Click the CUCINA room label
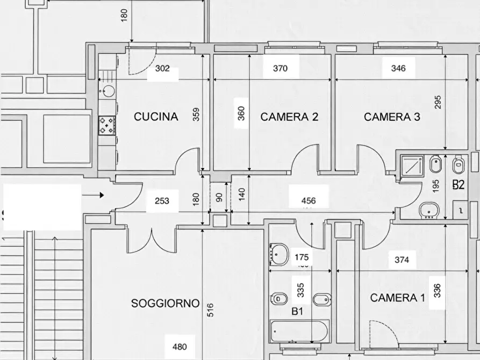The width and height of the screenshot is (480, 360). coord(155,117)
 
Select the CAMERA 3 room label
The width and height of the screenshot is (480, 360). coord(392,117)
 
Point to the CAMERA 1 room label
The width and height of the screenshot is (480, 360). coord(398,298)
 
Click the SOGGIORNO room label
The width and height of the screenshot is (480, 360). coord(165,304)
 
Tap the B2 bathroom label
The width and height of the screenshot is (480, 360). coord(458,185)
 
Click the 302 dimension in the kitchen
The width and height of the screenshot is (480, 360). coord(162,68)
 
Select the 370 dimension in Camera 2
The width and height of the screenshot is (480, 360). coord(281,68)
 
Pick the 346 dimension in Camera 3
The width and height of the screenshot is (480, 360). coord(398,68)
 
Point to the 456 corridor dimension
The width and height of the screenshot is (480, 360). coord(309,201)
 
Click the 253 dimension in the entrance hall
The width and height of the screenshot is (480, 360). coord(162,201)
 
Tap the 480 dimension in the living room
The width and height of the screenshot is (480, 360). coord(180,347)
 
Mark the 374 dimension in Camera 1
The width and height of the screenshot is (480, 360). coord(402,260)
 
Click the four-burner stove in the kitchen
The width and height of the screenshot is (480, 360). coord(106,126)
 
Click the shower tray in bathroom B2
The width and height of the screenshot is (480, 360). coord(413,165)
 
